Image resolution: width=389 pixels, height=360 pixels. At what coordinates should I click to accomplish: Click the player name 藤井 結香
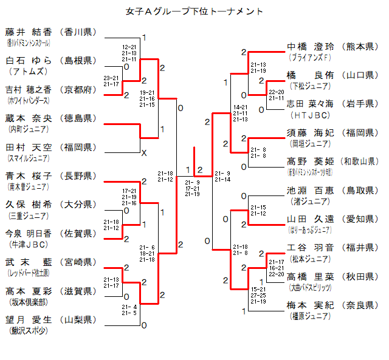(29, 32)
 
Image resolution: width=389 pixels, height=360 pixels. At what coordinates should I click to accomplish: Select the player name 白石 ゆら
(29, 60)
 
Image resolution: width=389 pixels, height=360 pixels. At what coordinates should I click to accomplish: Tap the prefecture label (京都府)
(78, 89)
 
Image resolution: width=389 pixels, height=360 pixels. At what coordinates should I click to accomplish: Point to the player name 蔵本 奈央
(29, 118)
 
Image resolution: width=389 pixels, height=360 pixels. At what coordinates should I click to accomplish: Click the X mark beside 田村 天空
(144, 153)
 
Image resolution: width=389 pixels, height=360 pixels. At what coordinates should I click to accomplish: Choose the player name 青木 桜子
(29, 176)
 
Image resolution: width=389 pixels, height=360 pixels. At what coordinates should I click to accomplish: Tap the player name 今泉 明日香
(29, 234)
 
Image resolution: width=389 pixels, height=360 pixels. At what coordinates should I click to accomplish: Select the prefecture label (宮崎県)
(78, 262)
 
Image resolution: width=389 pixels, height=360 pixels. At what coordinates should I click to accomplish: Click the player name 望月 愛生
(29, 320)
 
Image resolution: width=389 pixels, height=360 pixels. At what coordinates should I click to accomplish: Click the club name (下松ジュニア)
(310, 86)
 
